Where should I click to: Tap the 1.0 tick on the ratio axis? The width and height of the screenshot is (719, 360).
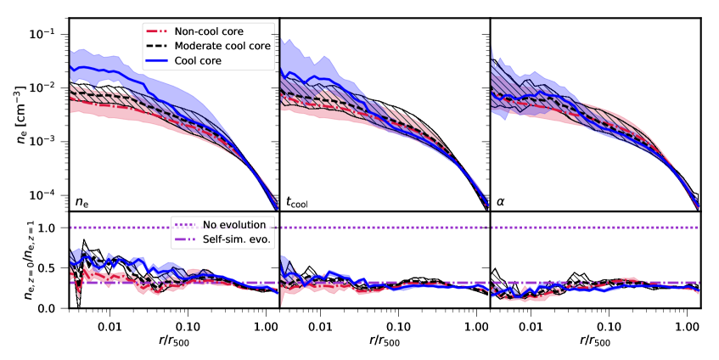pos(53,228)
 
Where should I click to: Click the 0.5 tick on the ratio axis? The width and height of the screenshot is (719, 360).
pos(53,268)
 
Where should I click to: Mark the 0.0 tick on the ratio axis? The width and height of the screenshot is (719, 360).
pos(53,308)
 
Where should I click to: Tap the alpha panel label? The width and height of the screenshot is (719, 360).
pos(502,202)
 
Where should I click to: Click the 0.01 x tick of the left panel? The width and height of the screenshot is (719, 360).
pos(110,325)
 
